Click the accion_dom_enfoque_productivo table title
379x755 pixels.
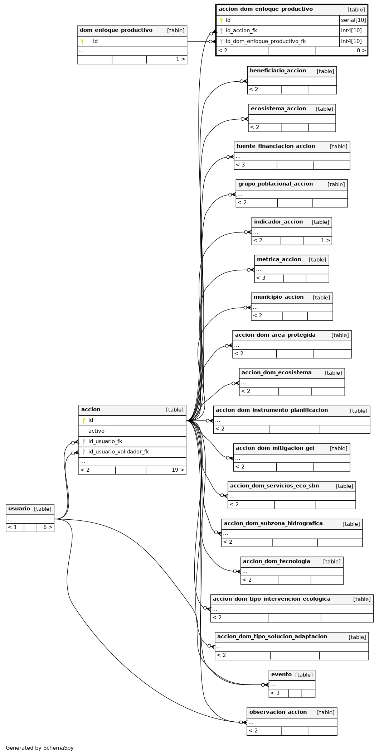pyautogui.click(x=266, y=9)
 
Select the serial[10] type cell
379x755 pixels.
pyautogui.click(x=354, y=20)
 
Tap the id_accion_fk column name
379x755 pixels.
pyautogui.click(x=241, y=31)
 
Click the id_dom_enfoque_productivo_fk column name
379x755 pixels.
pyautogui.click(x=266, y=41)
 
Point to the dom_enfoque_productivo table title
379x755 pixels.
pyautogui.click(x=116, y=30)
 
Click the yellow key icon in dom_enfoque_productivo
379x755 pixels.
pyautogui.click(x=82, y=41)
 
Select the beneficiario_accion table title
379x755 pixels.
pyautogui.click(x=278, y=71)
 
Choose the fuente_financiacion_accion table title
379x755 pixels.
pyautogui.click(x=276, y=146)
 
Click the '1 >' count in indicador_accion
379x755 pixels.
pyautogui.click(x=325, y=240)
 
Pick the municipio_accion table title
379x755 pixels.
pyautogui.click(x=278, y=297)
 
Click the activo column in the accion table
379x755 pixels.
pyautogui.click(x=96, y=431)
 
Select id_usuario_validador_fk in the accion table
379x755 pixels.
pyautogui.click(x=118, y=452)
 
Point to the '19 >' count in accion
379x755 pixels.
pyautogui.click(x=178, y=470)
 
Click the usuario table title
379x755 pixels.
pyautogui.click(x=19, y=509)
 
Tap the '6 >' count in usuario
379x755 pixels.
pyautogui.click(x=48, y=527)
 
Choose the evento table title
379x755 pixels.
pyautogui.click(x=281, y=674)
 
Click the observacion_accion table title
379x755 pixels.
pyautogui.click(x=278, y=712)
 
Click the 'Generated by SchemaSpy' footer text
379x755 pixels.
pyautogui.click(x=39, y=748)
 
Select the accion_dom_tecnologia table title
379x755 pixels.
pyautogui.click(x=276, y=561)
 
